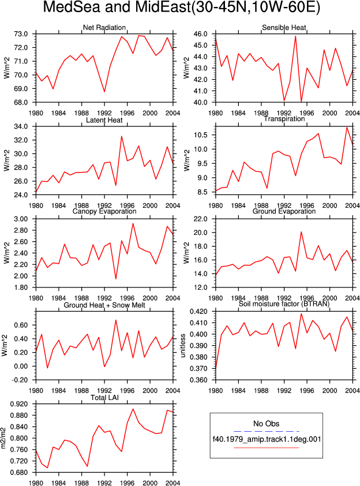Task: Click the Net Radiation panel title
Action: [x=104, y=28]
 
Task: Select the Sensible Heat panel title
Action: [x=284, y=28]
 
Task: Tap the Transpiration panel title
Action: [x=284, y=119]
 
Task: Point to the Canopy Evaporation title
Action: [x=104, y=211]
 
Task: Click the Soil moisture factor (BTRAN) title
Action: [x=284, y=304]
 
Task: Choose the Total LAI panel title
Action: [x=104, y=398]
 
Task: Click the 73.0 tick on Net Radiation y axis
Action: [x=21, y=34]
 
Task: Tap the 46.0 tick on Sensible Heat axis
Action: [x=200, y=34]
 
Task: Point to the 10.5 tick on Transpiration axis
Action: [x=200, y=135]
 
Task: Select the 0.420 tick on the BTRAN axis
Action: [x=198, y=312]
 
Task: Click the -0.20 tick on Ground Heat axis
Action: [x=19, y=380]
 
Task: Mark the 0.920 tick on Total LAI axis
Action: [x=19, y=404]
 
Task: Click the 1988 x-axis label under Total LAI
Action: [x=82, y=483]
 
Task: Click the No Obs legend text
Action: [x=266, y=424]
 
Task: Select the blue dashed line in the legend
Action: [x=267, y=431]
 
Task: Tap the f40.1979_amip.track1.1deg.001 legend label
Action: [x=267, y=439]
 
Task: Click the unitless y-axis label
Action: [x=183, y=346]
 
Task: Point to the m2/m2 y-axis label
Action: [x=3, y=438]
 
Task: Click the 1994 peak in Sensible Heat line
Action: [x=295, y=36]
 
